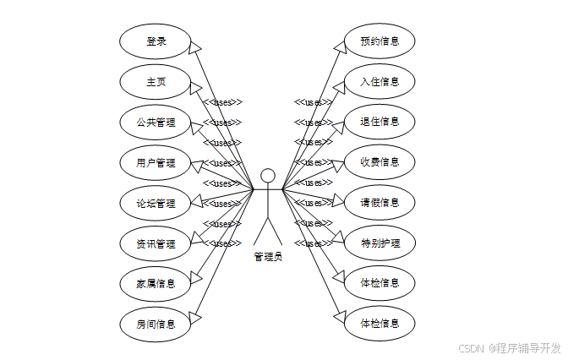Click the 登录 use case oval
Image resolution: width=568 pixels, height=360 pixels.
[156, 41]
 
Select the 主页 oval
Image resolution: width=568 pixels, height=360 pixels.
[156, 82]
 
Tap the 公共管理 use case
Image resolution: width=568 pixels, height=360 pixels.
[156, 123]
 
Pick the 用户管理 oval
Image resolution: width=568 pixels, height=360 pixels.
[156, 163]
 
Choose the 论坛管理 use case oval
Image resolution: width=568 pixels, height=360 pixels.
[156, 204]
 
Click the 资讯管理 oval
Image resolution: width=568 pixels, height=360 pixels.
[156, 244]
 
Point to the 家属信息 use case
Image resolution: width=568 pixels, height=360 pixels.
[156, 284]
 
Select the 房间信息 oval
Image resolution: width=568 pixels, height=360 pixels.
[156, 324]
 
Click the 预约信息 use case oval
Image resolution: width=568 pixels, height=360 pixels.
[380, 41]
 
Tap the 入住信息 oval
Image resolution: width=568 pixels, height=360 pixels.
[380, 82]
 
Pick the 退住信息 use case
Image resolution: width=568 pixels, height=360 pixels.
[380, 122]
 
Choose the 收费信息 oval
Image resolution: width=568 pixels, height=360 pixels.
[380, 162]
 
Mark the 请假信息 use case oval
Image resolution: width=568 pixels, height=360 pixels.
[380, 203]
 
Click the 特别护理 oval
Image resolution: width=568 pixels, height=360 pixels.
[380, 243]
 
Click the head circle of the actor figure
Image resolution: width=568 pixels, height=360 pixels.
[268, 176]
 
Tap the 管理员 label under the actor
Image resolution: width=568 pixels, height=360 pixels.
[268, 256]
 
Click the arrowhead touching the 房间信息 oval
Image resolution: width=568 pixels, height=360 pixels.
[195, 317]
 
